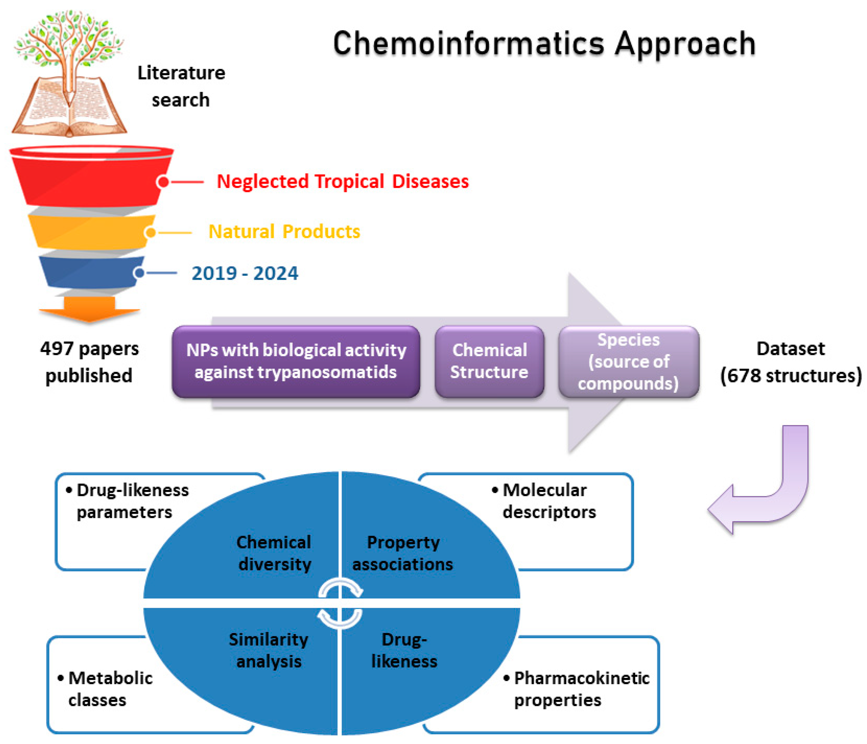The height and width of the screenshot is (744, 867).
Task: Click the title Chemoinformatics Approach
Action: coord(544,44)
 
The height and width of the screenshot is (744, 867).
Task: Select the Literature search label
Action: coord(181,86)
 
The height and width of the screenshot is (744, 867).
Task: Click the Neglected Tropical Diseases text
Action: coord(342,182)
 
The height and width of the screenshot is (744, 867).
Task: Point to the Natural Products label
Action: coord(284,231)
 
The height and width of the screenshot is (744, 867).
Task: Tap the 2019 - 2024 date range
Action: coord(245,273)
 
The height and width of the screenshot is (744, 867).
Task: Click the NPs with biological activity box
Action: coord(296,361)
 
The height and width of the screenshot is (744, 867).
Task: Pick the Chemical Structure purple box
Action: coord(489,361)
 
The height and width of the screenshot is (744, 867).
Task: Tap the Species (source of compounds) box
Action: coord(629,361)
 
